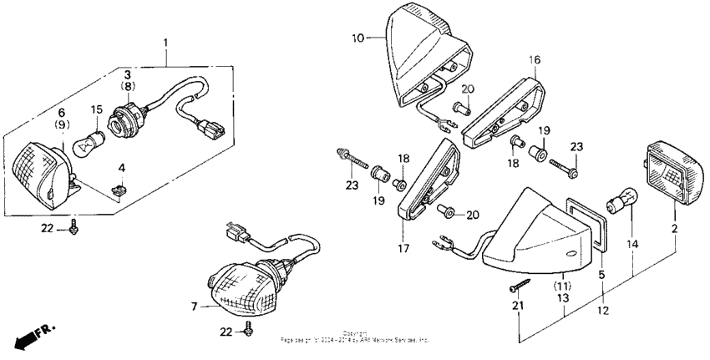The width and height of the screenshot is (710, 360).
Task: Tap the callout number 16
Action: coord(535,59)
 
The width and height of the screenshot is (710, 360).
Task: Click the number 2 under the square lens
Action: coord(674,227)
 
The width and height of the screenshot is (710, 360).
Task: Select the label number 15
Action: coord(97,109)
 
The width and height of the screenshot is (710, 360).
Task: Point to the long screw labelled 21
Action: coord(519,288)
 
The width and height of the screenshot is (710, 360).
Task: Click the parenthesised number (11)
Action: coord(561,285)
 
